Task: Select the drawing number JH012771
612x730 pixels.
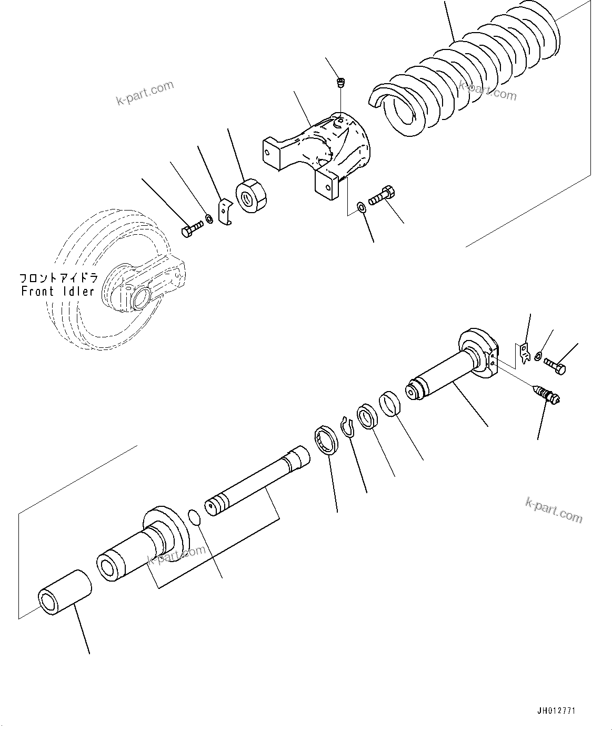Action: pyautogui.click(x=556, y=711)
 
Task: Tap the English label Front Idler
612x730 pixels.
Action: pyautogui.click(x=57, y=291)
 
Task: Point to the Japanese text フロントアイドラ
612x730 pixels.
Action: pyautogui.click(x=57, y=277)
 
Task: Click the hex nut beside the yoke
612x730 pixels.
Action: pyautogui.click(x=252, y=196)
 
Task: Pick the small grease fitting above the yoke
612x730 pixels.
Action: pyautogui.click(x=340, y=83)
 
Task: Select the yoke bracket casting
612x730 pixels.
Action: pyautogui.click(x=321, y=153)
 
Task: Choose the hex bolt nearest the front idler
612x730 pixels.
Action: pyautogui.click(x=192, y=229)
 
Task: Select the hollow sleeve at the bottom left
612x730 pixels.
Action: pyautogui.click(x=64, y=592)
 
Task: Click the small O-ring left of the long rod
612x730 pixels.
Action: pyautogui.click(x=195, y=517)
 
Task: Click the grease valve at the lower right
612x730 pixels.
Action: pyautogui.click(x=547, y=395)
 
